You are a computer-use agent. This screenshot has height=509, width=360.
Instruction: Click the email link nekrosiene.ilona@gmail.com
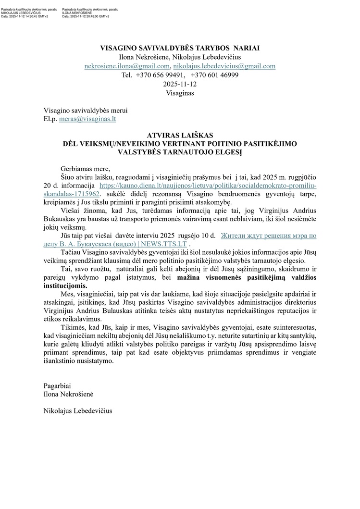point(127,66)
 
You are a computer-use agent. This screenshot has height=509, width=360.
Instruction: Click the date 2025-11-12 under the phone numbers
point(180,84)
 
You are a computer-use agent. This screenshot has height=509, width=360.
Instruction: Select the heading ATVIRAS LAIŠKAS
point(180,136)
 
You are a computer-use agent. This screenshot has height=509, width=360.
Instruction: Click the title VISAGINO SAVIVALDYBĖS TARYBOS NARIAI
point(180,48)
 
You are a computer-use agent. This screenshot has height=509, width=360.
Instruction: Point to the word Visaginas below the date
point(180,93)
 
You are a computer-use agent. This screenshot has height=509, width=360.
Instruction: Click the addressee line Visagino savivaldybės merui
point(86,110)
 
